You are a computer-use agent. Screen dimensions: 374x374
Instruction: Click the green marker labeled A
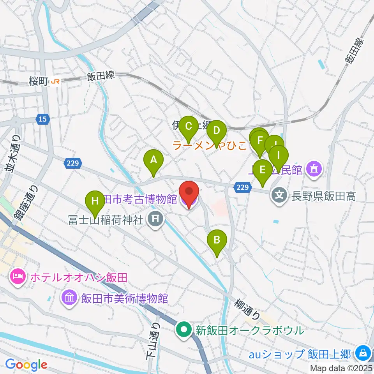click(x=153, y=160)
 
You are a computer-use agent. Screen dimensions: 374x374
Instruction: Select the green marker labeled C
click(x=189, y=127)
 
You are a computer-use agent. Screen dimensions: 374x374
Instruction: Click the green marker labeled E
click(x=263, y=169)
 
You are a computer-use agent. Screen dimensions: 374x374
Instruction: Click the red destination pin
click(x=189, y=192)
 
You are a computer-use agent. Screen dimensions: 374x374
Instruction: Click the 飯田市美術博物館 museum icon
click(x=69, y=298)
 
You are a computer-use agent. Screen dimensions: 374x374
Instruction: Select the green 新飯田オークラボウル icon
click(x=183, y=330)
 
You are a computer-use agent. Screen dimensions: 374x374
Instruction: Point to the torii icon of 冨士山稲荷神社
click(x=155, y=220)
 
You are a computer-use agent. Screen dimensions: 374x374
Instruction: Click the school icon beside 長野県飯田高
click(x=279, y=193)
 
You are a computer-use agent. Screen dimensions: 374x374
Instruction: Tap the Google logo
click(x=26, y=364)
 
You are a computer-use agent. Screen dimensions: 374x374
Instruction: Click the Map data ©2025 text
click(x=341, y=368)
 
